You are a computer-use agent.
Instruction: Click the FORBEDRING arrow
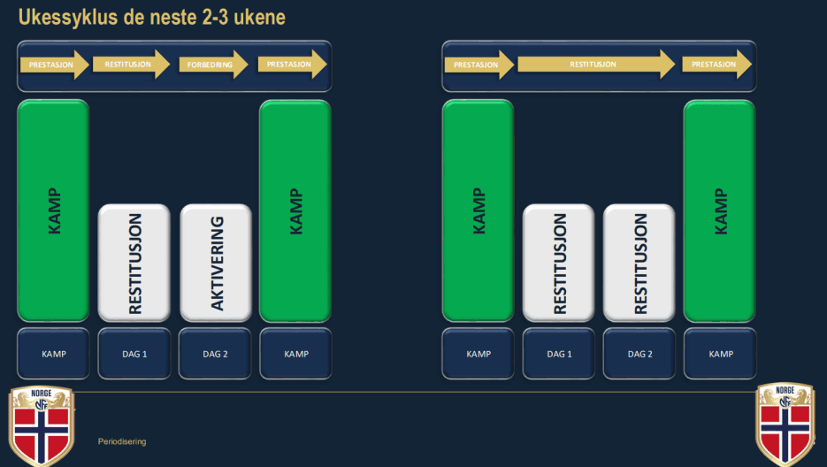click(x=212, y=65)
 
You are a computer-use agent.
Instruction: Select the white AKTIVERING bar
click(x=216, y=263)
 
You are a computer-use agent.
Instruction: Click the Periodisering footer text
click(x=122, y=440)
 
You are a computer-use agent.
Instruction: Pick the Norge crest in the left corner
click(x=42, y=425)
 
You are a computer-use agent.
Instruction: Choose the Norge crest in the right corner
click(x=785, y=425)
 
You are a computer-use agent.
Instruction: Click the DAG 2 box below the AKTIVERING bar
click(x=215, y=354)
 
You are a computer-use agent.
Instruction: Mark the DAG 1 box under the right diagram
click(x=558, y=354)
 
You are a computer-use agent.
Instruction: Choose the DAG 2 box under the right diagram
click(x=639, y=354)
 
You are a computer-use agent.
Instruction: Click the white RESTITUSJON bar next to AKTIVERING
click(x=134, y=263)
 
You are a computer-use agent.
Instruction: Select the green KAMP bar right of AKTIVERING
click(x=295, y=211)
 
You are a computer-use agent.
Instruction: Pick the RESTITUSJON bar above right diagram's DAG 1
click(x=559, y=263)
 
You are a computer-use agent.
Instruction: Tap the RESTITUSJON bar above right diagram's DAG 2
click(x=639, y=263)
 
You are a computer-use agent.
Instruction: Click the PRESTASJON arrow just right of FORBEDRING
click(x=292, y=65)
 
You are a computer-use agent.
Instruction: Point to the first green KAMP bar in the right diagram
click(x=478, y=211)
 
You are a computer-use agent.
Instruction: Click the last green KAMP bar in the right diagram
click(x=720, y=211)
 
